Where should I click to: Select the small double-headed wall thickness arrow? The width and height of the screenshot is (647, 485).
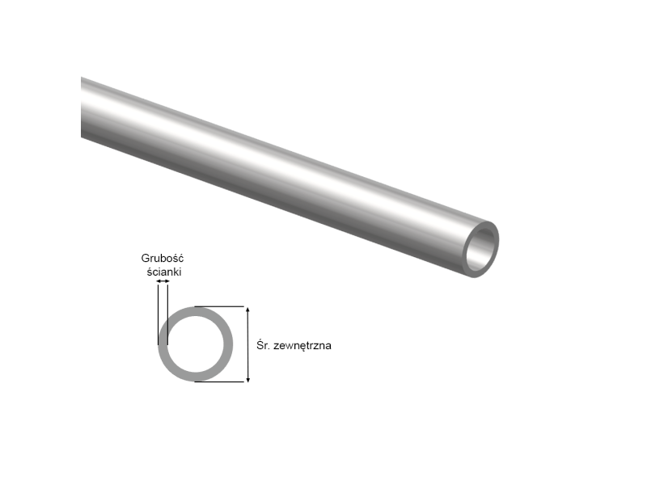(163, 281)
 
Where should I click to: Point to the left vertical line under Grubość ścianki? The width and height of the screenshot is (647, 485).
(158, 311)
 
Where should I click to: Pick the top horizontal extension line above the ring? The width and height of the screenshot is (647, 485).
(220, 306)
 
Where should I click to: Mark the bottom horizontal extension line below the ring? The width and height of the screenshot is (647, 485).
(220, 382)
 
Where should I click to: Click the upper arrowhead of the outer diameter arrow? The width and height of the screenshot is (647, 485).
(248, 310)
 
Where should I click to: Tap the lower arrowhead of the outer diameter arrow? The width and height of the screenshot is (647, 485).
(248, 377)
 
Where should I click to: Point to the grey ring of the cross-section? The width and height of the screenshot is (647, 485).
(162, 344)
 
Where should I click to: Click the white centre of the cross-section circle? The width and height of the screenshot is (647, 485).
(195, 344)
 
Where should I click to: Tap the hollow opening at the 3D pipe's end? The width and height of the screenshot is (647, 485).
(483, 247)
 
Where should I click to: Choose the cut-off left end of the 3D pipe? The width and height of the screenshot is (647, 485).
(83, 108)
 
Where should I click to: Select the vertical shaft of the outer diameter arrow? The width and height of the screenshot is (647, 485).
(248, 344)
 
